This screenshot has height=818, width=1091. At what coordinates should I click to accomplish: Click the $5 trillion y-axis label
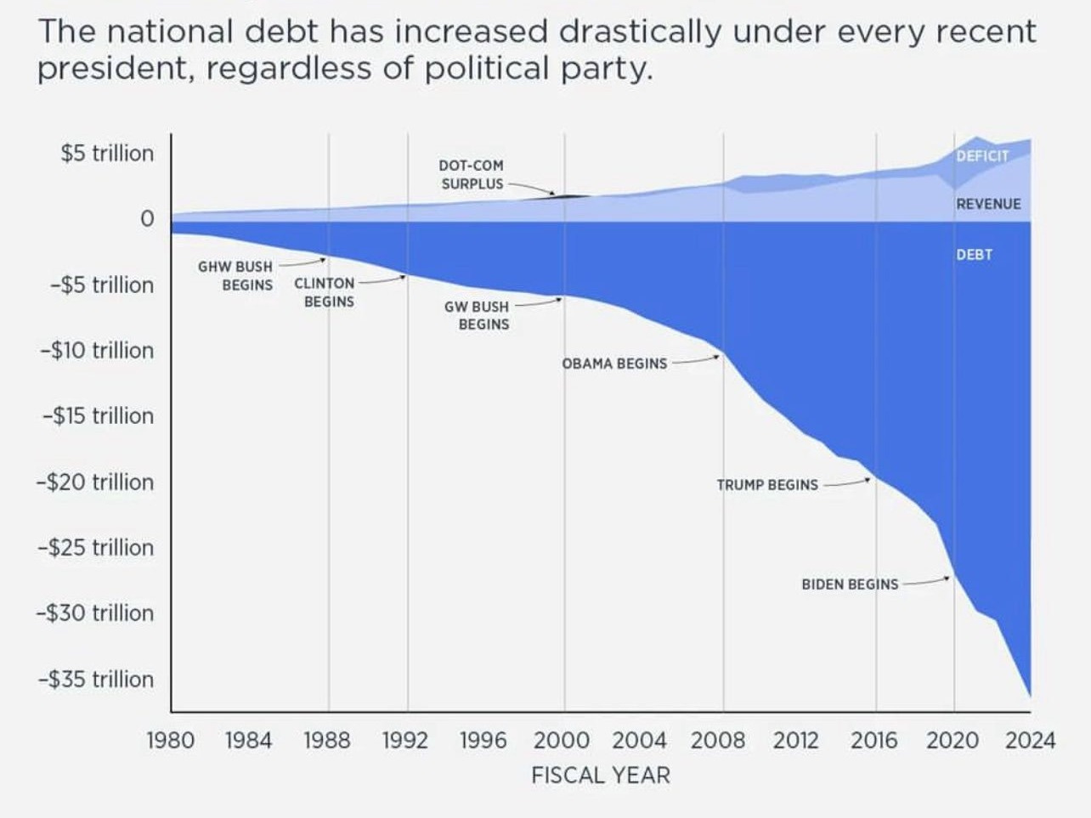[107, 154]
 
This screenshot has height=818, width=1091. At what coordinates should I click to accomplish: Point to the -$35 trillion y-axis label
[96, 680]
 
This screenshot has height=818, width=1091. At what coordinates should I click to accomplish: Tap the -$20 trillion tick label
[96, 482]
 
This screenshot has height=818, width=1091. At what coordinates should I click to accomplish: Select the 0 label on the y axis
[147, 219]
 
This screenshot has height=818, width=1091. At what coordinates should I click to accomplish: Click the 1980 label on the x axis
[170, 741]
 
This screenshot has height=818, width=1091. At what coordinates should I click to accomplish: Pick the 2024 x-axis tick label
[1030, 741]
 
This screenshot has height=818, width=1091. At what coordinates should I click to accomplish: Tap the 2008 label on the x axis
[718, 741]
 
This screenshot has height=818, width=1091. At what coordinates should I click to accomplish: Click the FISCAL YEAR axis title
[601, 776]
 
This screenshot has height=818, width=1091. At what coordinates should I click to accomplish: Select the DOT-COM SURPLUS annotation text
[472, 174]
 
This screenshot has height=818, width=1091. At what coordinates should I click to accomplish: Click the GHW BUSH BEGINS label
[235, 276]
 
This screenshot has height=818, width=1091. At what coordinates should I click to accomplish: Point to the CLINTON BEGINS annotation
[325, 292]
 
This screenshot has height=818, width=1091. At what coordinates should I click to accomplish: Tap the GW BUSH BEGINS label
[478, 315]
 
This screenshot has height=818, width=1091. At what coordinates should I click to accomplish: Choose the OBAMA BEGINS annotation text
[614, 364]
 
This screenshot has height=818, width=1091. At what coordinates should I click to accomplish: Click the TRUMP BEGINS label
[767, 485]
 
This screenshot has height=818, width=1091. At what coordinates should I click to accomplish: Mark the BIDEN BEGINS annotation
[850, 584]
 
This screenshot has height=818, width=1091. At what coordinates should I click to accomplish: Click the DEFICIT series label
[982, 156]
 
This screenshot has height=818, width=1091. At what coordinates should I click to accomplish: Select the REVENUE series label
[988, 204]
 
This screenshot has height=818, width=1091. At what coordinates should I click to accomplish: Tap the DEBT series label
[974, 255]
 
